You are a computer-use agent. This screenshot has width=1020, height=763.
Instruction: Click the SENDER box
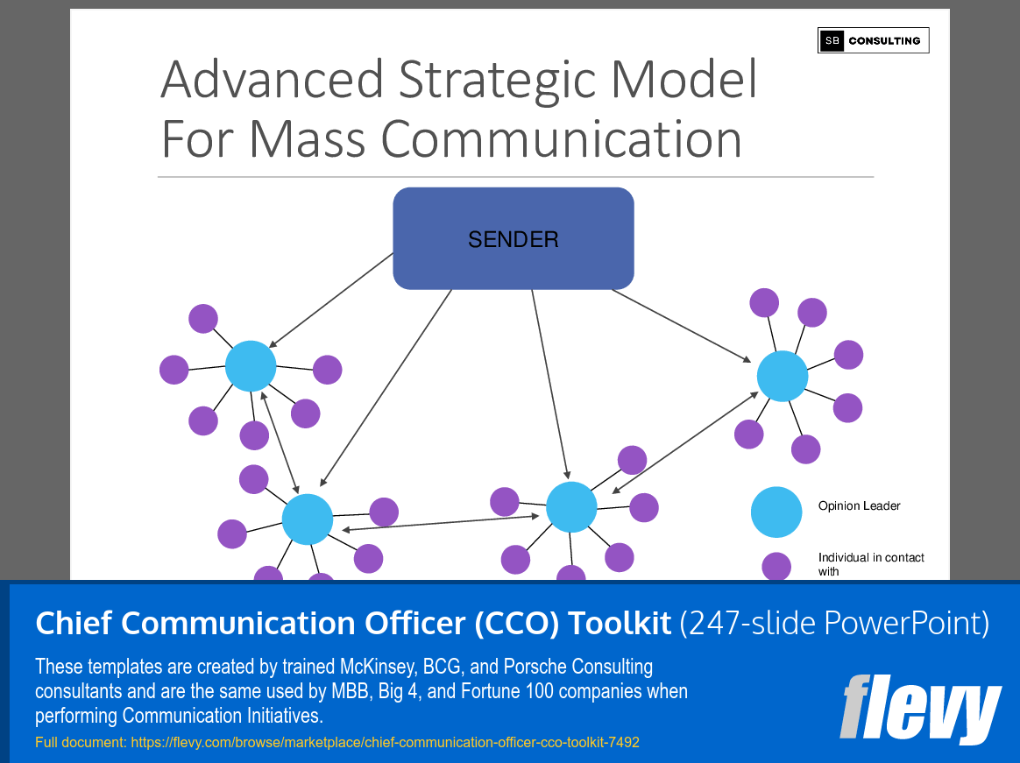513,238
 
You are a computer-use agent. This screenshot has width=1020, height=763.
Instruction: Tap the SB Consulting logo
873,40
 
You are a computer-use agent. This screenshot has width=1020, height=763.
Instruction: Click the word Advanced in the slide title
273,79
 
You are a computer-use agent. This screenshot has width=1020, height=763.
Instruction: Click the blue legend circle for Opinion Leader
776,512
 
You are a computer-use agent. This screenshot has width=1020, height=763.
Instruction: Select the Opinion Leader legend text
859,506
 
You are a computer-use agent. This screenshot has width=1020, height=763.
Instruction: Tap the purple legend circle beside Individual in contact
776,567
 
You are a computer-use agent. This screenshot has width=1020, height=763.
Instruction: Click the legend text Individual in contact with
870,563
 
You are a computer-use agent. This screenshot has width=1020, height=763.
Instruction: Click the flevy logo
919,708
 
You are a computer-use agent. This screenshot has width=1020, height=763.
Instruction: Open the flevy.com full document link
385,743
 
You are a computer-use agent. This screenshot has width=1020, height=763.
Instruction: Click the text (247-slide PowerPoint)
834,624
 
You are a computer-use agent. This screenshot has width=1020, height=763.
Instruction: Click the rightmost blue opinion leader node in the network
782,376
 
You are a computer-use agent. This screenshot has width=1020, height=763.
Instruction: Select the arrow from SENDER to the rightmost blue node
681,325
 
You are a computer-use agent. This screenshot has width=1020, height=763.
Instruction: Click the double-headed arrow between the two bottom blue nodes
440,523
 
